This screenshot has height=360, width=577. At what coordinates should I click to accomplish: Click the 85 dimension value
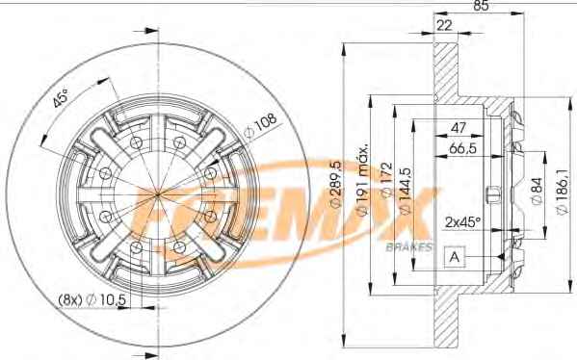tap(481, 6)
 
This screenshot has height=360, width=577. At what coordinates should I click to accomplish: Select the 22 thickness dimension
tap(444, 25)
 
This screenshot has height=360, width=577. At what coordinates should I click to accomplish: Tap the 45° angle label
tap(61, 97)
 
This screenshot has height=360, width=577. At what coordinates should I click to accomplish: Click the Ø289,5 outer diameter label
tap(336, 184)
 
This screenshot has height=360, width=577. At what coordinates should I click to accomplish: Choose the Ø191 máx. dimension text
tap(362, 180)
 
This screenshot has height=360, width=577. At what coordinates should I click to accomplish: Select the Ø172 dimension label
tap(386, 180)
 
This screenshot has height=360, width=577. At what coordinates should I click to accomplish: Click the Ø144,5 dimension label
tap(405, 191)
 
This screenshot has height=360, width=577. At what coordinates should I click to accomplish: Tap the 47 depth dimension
tap(459, 128)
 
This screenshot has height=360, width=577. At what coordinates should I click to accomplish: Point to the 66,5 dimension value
tap(463, 148)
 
